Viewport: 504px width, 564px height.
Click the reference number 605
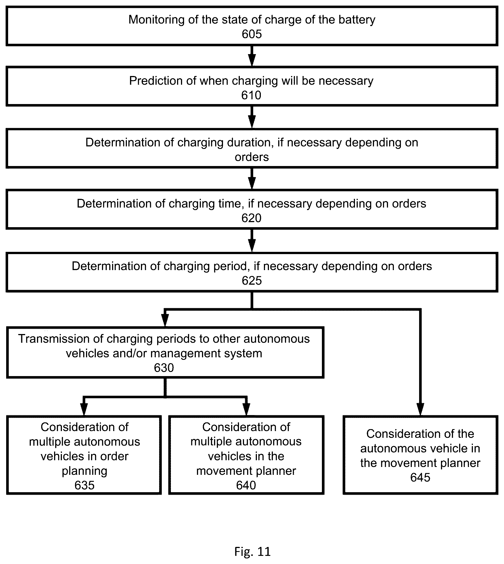pos(252,34)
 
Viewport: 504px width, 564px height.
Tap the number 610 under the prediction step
pos(251,95)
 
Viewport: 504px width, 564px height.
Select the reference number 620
pos(251,218)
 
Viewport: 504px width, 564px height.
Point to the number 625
pos(252,281)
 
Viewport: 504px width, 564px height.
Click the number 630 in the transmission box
pos(164,368)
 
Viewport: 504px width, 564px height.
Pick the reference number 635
pos(84,485)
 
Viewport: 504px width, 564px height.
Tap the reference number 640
pos(246,485)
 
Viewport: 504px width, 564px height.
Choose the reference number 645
pos(420,478)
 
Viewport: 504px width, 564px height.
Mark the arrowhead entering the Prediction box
pos(252,60)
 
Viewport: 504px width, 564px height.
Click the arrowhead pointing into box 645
pos(420,409)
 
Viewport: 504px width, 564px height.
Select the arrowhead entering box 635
pos(84,409)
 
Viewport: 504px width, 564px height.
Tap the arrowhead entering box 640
pos(246,409)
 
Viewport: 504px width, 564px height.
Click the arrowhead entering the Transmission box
pos(165,321)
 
